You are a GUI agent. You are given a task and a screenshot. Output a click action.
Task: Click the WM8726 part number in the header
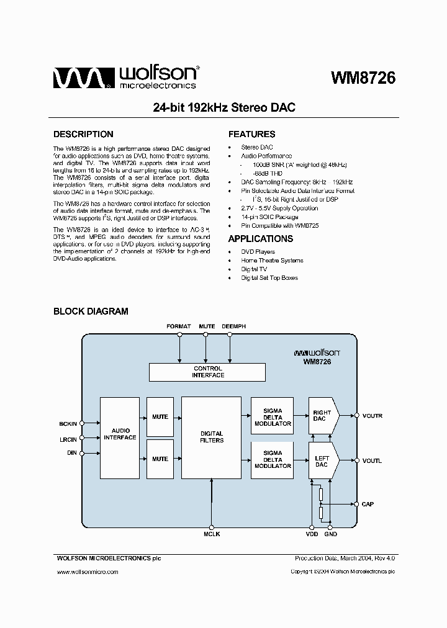pos(363,78)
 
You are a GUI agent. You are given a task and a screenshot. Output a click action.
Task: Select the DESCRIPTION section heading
pos(83,134)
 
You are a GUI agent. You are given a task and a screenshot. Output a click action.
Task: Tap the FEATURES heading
pos(251,134)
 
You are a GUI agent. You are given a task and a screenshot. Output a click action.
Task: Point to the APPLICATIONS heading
pos(261,239)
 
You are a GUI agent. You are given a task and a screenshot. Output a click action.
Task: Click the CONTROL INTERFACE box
pos(207,372)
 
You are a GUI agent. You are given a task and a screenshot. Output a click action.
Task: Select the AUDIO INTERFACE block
pos(120,434)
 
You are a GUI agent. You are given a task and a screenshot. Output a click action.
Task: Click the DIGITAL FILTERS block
pos(211,437)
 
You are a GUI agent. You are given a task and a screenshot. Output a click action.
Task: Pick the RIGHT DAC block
pos(323,415)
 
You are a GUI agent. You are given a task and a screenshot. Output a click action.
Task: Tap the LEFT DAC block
pos(322,460)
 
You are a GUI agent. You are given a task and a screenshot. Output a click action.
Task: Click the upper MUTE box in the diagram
pos(160,417)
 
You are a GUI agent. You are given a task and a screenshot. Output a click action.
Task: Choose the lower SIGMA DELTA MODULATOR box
pos(273,460)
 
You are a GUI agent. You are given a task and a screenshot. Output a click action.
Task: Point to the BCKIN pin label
pos(68,423)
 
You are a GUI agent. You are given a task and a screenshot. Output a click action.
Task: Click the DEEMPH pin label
pos(233,326)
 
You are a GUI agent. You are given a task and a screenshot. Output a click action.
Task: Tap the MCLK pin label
pos(212,534)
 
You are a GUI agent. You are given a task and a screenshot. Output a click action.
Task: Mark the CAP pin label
pos(368,504)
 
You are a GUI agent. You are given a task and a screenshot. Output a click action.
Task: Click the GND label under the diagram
pos(331,534)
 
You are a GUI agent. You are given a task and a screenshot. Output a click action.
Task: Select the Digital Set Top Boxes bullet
pos(269,278)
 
